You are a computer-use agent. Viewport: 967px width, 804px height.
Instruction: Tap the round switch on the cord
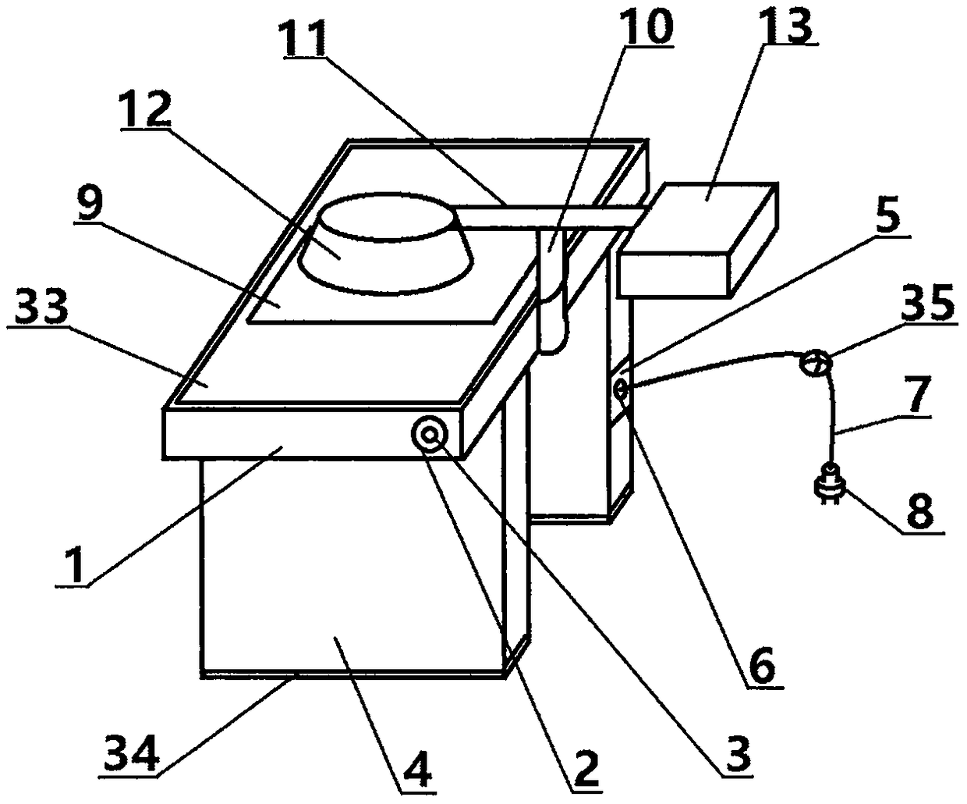pyautogui.click(x=815, y=363)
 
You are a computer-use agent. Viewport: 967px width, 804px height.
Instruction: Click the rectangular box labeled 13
pyautogui.click(x=698, y=238)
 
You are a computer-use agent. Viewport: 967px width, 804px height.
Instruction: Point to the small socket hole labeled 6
pyautogui.click(x=622, y=388)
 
